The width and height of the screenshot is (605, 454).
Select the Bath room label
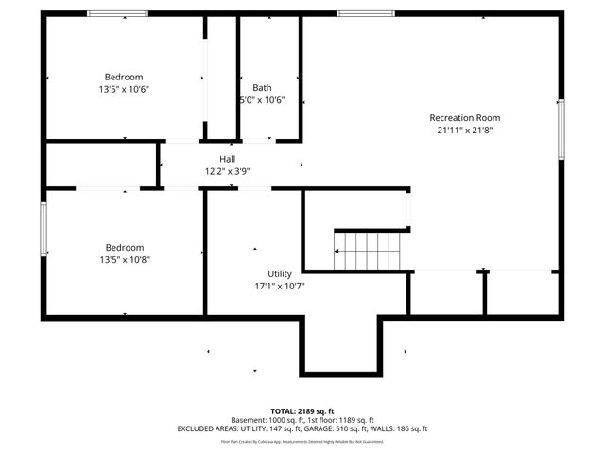click(x=262, y=88)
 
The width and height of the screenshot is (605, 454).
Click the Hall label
click(x=228, y=159)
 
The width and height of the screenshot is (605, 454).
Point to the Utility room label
click(x=280, y=272)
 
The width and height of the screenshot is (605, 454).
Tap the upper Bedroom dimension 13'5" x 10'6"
click(x=124, y=89)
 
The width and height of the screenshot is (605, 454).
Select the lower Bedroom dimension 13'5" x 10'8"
click(x=124, y=259)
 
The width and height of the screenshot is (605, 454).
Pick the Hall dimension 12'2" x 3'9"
click(x=228, y=171)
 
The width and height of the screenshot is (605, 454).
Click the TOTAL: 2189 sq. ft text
click(x=302, y=411)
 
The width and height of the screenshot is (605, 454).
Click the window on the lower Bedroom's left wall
click(x=43, y=228)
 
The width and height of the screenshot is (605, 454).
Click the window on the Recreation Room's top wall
click(x=353, y=13)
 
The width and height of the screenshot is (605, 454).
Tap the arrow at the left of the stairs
click(x=337, y=252)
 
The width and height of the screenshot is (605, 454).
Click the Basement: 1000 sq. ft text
click(x=266, y=420)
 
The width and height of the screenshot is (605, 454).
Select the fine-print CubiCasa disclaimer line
click(x=302, y=441)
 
